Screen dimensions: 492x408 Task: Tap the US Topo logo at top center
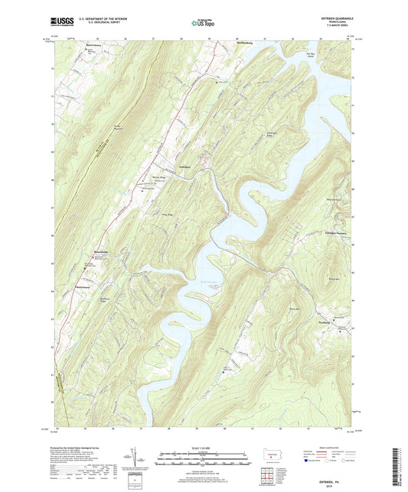(202, 23)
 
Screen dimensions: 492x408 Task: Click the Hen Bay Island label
(309, 55)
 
